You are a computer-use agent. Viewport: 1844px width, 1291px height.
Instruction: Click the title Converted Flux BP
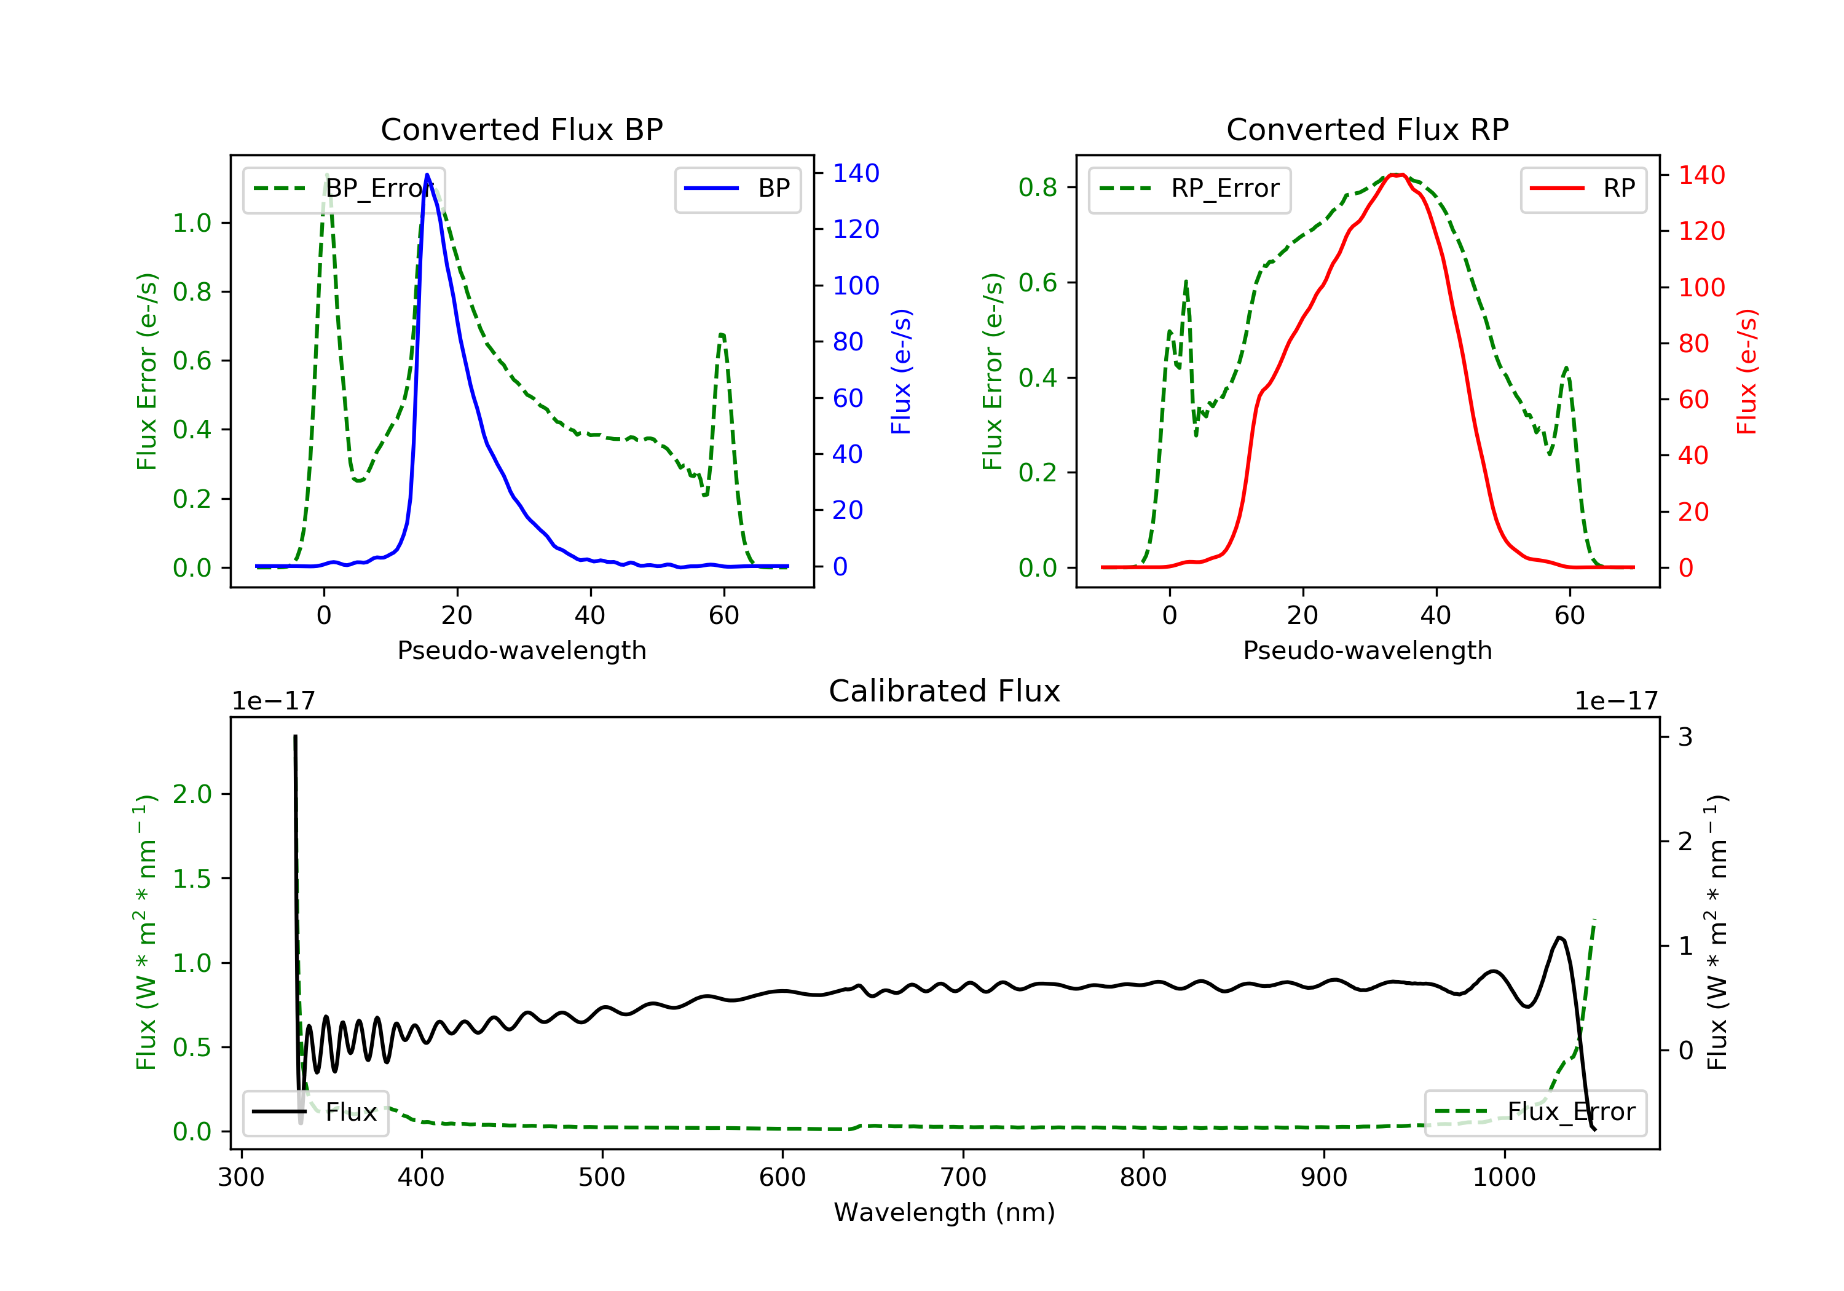click(x=521, y=129)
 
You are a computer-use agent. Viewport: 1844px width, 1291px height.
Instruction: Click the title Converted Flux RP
click(x=1367, y=129)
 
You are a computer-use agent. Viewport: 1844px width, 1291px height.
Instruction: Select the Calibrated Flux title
click(x=945, y=691)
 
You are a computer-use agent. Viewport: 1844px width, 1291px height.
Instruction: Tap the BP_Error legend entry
click(x=344, y=189)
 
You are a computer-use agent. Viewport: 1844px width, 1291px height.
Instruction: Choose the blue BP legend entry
click(x=737, y=189)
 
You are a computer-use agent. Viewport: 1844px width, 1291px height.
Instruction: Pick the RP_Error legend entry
click(x=1189, y=189)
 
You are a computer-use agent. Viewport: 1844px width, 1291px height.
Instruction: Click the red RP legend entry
click(x=1583, y=189)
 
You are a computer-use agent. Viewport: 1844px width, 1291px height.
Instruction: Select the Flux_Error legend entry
click(x=1535, y=1112)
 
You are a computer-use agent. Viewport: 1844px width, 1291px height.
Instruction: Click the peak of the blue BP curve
click(x=427, y=175)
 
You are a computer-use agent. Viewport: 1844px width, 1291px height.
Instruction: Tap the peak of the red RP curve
click(x=1396, y=175)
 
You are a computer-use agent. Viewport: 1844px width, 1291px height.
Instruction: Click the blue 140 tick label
click(x=856, y=173)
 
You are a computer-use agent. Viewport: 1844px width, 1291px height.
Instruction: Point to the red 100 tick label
click(x=1702, y=288)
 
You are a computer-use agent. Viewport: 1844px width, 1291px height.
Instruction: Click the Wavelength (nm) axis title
click(x=945, y=1212)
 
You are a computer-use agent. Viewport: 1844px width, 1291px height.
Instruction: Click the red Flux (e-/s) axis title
click(x=1747, y=372)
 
